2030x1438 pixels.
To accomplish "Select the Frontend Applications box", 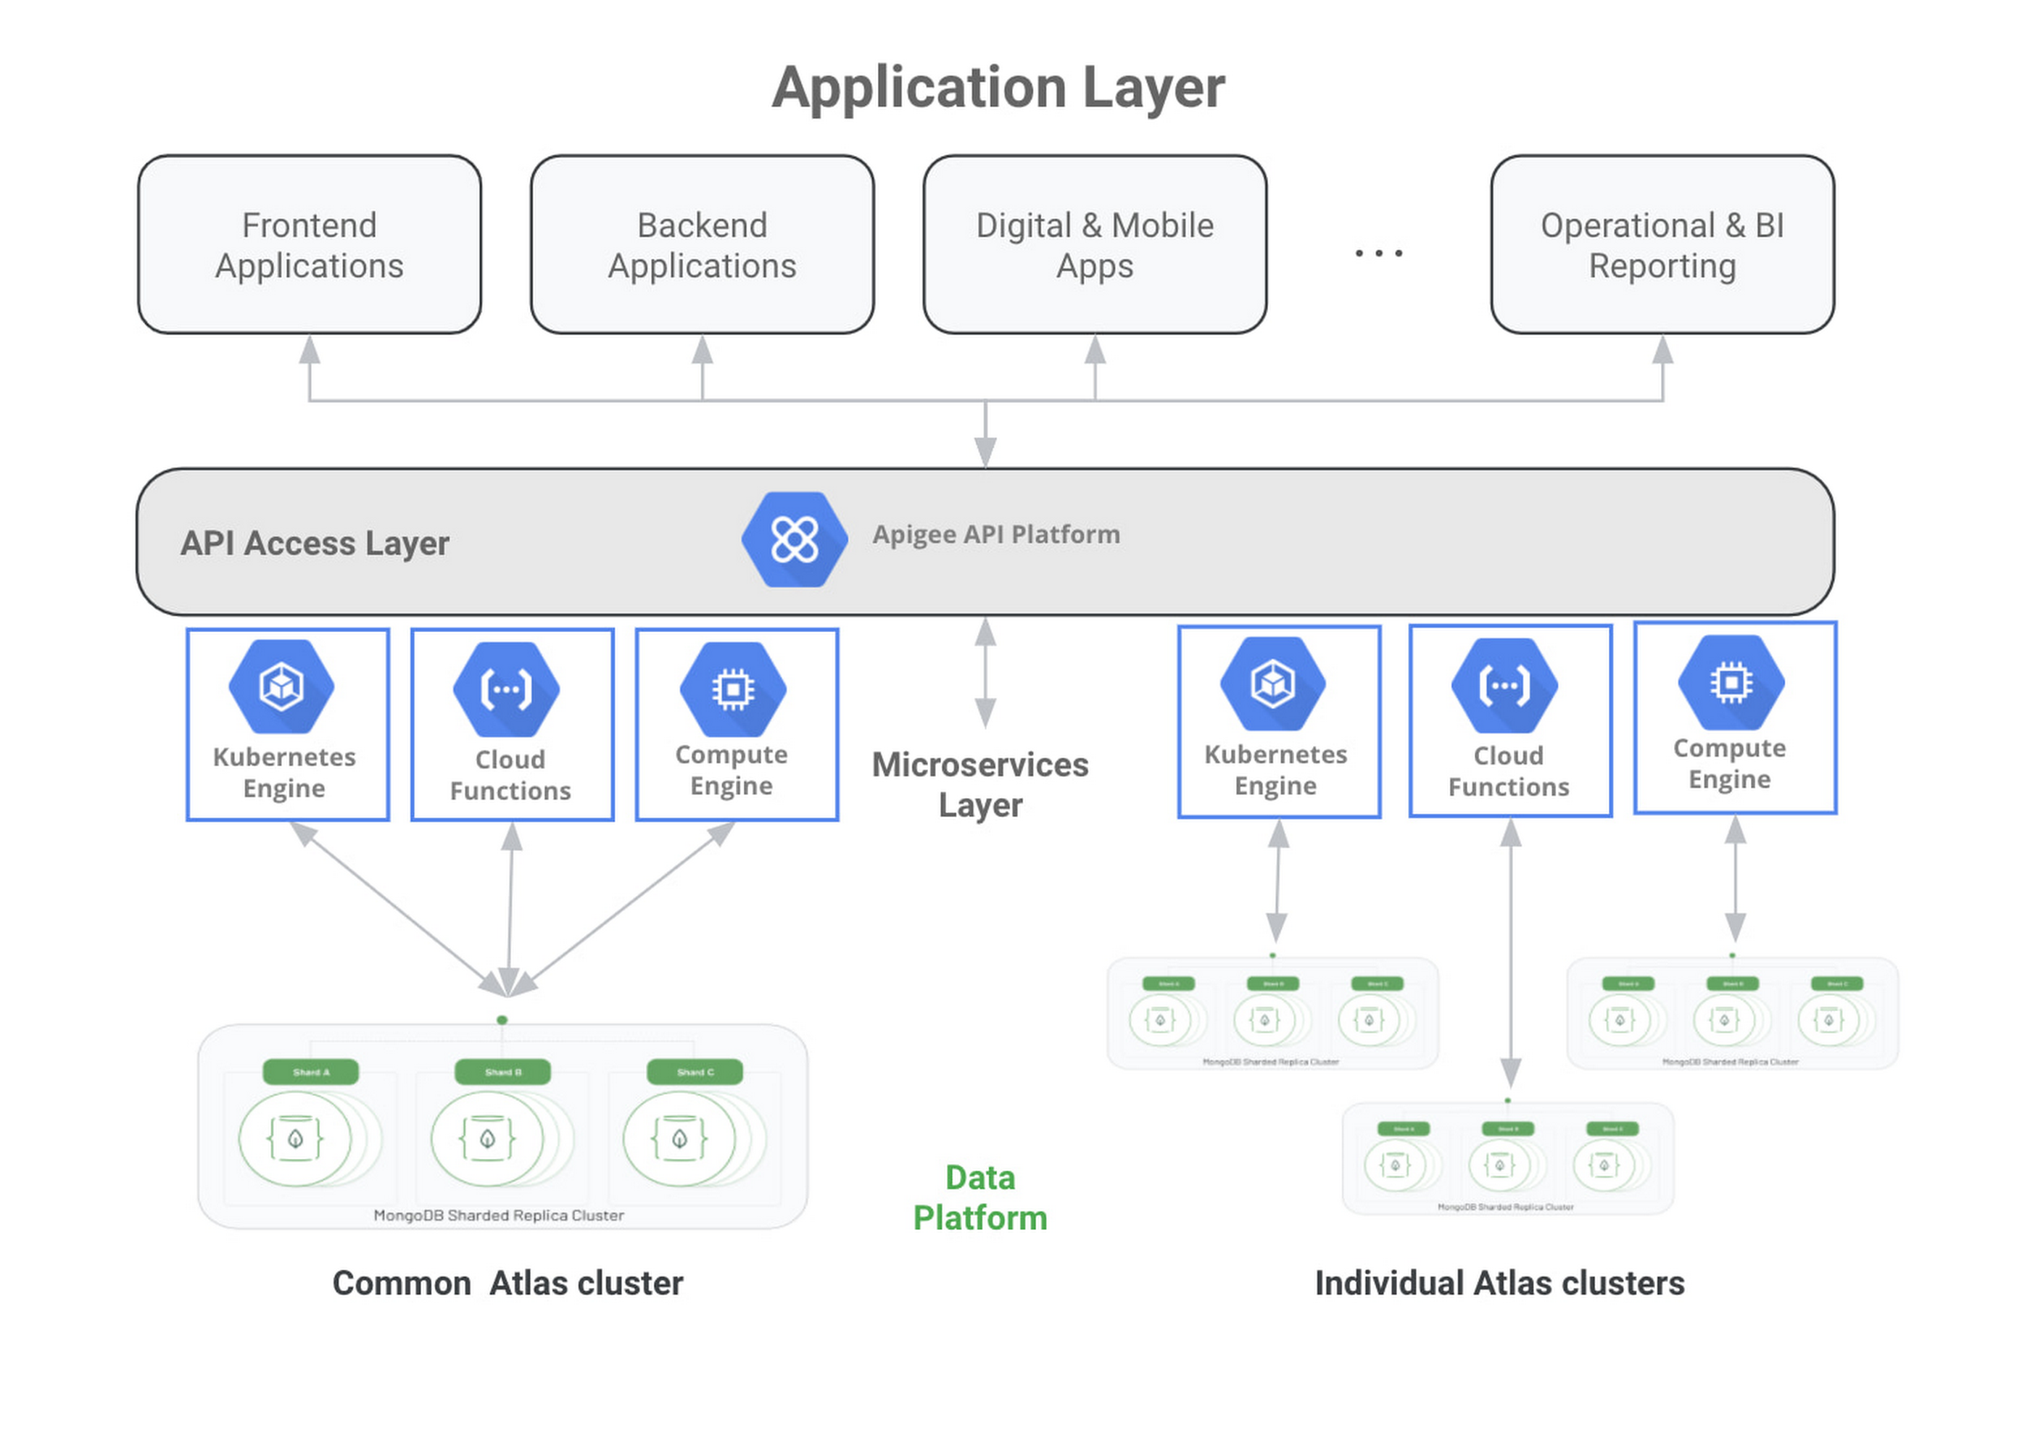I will tap(309, 245).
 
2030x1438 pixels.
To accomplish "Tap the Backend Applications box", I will tap(702, 245).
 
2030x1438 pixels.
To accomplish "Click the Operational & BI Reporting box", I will tap(1662, 245).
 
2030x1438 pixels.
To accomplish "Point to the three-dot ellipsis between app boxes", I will tap(1378, 253).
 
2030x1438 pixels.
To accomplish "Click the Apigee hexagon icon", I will tap(794, 539).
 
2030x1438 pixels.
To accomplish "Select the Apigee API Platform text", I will tap(995, 534).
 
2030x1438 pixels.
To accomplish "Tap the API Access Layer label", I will tap(315, 543).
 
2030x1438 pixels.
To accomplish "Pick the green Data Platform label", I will tap(979, 1197).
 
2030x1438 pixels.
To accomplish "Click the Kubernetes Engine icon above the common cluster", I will tap(281, 686).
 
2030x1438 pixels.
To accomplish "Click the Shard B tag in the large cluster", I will tap(502, 1071).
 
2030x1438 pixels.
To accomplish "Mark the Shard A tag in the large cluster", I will tap(311, 1071).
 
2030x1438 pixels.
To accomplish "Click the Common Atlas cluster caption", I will tap(507, 1283).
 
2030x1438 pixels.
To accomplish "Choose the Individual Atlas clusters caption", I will tap(1499, 1283).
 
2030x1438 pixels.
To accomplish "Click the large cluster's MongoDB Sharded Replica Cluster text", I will tap(499, 1215).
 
